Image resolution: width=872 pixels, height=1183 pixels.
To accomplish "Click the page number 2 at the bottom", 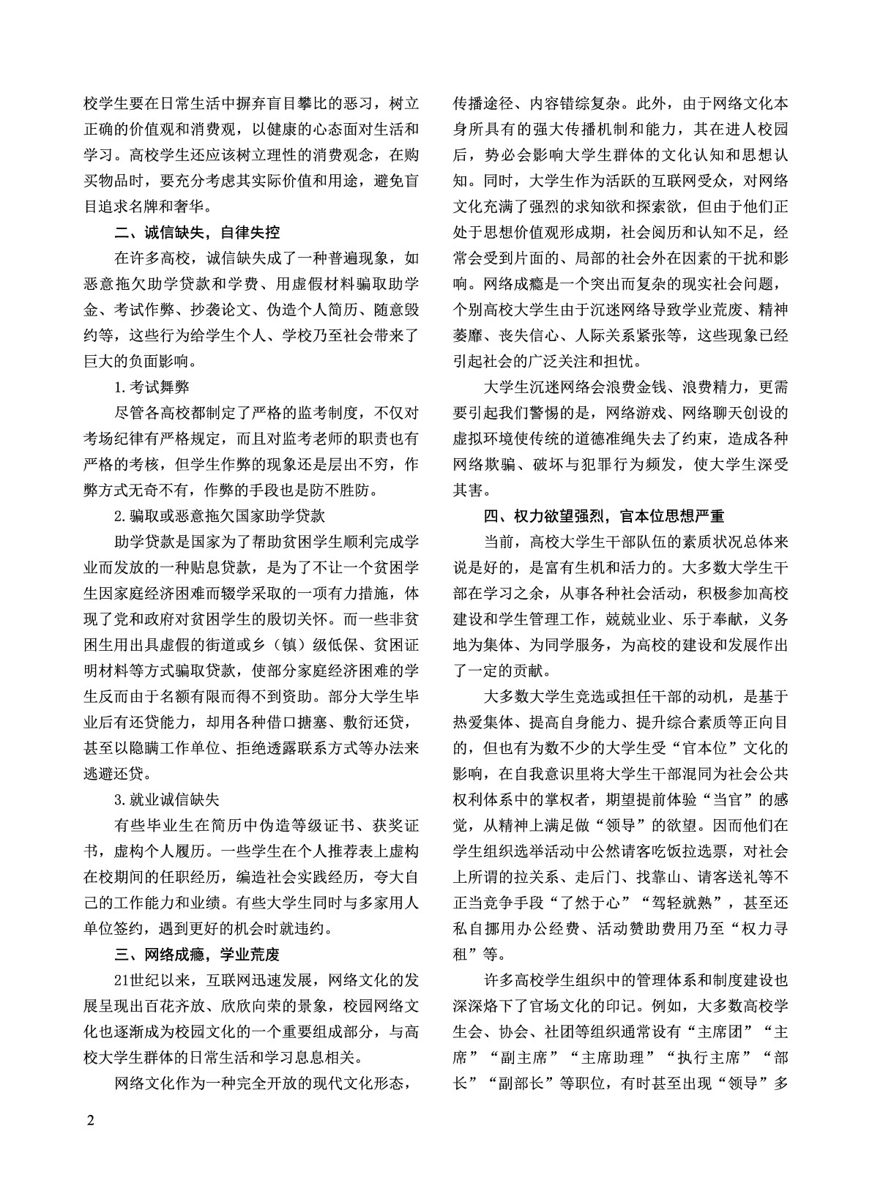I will point(90,1121).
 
